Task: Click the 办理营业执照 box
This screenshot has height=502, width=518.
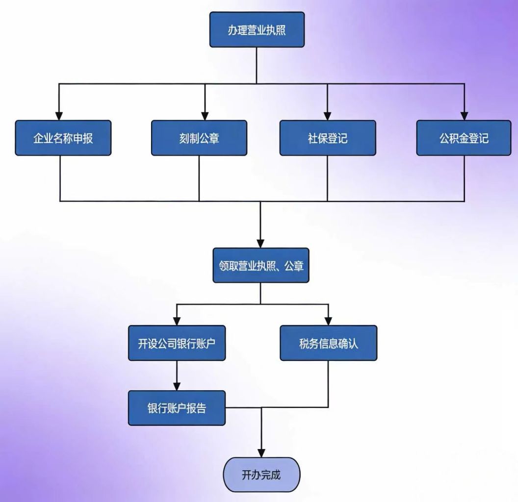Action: pyautogui.click(x=257, y=30)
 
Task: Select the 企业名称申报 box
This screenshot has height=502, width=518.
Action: pyautogui.click(x=63, y=138)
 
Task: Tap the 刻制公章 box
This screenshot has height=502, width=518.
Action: pyautogui.click(x=199, y=138)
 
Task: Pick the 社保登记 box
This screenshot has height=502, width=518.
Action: pyautogui.click(x=328, y=138)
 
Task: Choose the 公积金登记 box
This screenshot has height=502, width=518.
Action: pyautogui.click(x=464, y=138)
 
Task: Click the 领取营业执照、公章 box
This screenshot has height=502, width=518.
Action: pyautogui.click(x=261, y=266)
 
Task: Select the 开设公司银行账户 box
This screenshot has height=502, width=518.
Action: pyautogui.click(x=177, y=343)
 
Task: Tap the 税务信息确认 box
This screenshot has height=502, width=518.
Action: pyautogui.click(x=329, y=343)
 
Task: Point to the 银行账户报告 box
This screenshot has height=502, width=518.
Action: pyautogui.click(x=177, y=408)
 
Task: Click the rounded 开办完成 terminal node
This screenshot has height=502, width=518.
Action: pyautogui.click(x=261, y=475)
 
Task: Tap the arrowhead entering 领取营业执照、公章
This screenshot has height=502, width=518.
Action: pyautogui.click(x=260, y=243)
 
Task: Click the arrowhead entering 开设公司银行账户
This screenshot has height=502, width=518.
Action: pyautogui.click(x=177, y=321)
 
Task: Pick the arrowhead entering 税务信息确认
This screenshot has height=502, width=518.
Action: pyautogui.click(x=329, y=321)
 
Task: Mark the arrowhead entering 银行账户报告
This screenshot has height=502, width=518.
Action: pyautogui.click(x=177, y=386)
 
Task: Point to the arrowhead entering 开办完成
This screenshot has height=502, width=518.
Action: pyautogui.click(x=261, y=452)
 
